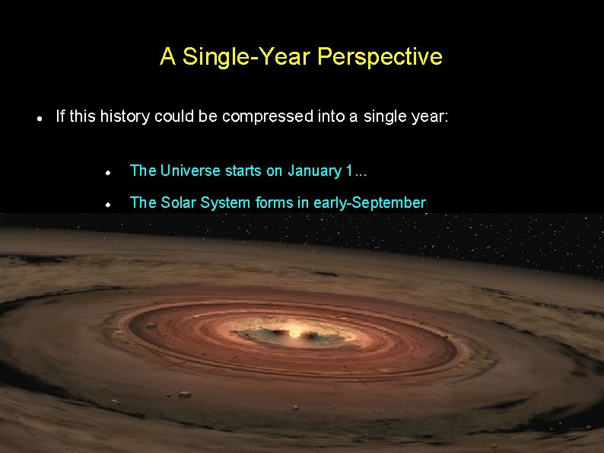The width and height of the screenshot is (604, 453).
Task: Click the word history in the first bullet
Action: tap(125, 116)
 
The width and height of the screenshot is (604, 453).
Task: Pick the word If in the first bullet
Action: tap(61, 116)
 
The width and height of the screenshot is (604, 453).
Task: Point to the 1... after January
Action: tap(355, 171)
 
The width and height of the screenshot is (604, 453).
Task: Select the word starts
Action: tap(243, 171)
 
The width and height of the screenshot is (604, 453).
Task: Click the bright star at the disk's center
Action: tap(294, 333)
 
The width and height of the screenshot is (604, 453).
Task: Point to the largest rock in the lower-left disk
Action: tap(184, 394)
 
